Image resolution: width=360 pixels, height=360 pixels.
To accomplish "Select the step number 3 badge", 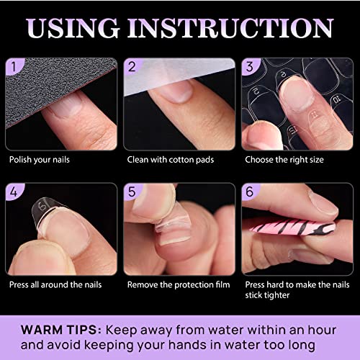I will (250, 68).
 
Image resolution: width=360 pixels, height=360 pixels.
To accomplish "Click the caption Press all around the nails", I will (55, 284).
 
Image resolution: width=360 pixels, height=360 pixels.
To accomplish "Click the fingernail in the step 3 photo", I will (289, 89).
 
